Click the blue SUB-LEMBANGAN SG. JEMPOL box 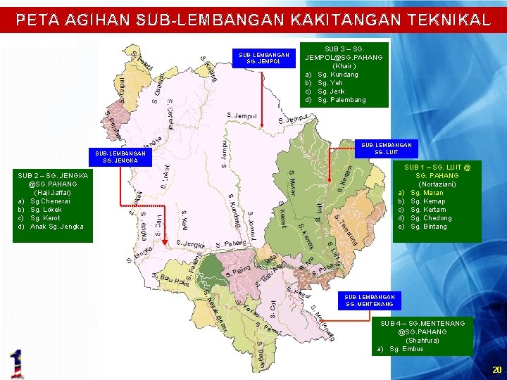264,58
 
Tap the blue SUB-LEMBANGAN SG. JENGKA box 120,156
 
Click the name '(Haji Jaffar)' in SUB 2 53,192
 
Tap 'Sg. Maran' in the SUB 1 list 427,193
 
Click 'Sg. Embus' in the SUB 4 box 406,349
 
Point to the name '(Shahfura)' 423,341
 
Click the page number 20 496,369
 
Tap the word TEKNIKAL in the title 446,20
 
